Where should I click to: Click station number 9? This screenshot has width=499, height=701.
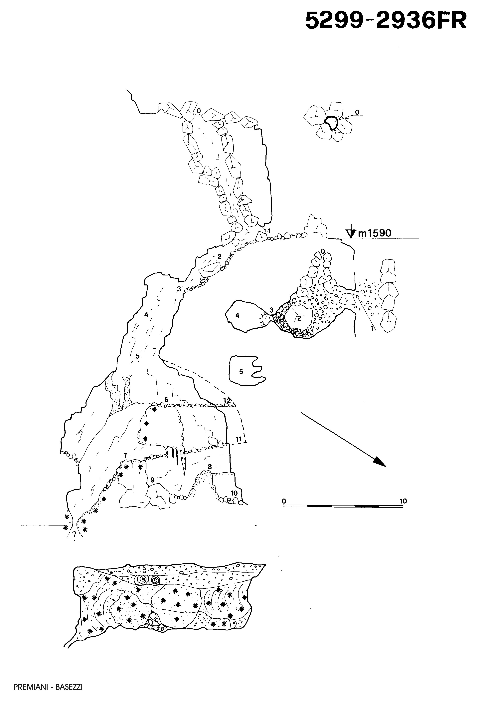click(152, 480)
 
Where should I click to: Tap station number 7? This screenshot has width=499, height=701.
click(125, 455)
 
